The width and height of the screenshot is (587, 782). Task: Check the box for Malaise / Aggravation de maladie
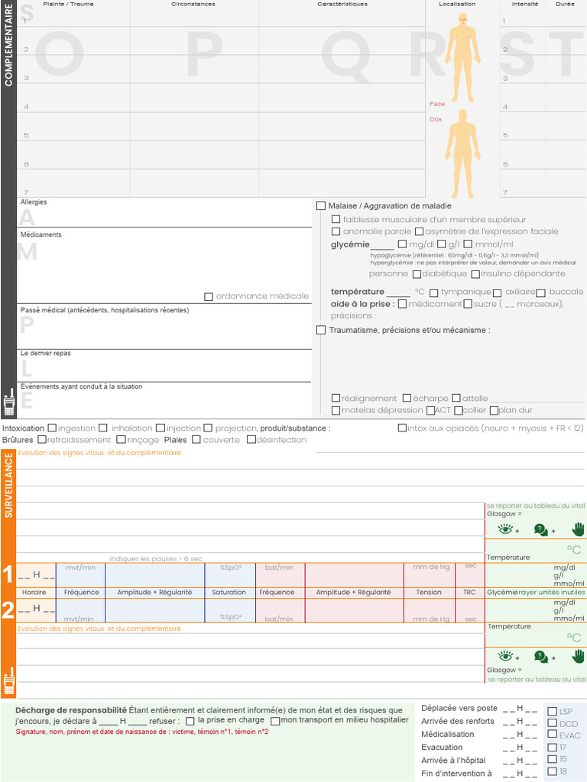[321, 206]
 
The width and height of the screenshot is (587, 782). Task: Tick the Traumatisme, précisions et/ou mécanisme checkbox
[321, 330]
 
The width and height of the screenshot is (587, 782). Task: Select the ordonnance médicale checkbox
[209, 296]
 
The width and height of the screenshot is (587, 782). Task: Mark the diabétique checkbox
[417, 274]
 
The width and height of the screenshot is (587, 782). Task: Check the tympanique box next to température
[433, 292]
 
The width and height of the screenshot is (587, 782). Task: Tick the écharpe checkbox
[407, 398]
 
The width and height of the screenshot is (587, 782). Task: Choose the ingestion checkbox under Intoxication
[52, 428]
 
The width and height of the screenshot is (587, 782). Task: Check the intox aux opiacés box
[402, 428]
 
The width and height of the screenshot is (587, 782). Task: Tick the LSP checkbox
[553, 712]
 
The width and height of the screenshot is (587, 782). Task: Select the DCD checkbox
[553, 724]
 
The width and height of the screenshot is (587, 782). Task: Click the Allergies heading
[34, 202]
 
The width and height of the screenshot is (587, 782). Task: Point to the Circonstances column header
[193, 4]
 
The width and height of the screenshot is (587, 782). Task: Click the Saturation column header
[229, 593]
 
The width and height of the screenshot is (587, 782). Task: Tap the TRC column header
[469, 593]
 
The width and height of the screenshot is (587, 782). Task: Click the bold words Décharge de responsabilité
[71, 710]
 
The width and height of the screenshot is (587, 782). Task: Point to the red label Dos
[436, 119]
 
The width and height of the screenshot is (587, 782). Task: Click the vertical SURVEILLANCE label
[8, 486]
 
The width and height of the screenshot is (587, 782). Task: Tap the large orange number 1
[8, 574]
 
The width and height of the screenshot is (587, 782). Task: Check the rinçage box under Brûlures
[121, 440]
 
